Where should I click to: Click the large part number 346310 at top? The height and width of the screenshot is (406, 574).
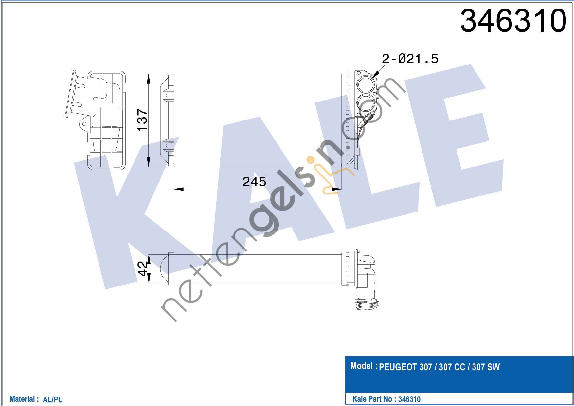(513, 21)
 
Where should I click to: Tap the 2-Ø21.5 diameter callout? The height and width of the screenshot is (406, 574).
(410, 59)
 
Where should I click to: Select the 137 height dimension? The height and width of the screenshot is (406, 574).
(143, 120)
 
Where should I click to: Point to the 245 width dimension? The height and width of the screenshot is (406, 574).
(254, 182)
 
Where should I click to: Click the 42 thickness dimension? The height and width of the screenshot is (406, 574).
(143, 268)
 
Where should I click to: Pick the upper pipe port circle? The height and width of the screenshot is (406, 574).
(365, 84)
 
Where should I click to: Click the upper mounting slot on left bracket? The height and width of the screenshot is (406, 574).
(169, 95)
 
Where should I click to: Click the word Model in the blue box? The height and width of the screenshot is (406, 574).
(361, 366)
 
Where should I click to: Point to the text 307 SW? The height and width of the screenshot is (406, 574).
(486, 367)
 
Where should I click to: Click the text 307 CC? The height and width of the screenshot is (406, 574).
(452, 367)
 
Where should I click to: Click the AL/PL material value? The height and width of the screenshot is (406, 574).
(52, 399)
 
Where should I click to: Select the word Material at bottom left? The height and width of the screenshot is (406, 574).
(22, 399)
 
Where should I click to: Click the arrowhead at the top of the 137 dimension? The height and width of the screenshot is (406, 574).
(149, 79)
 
